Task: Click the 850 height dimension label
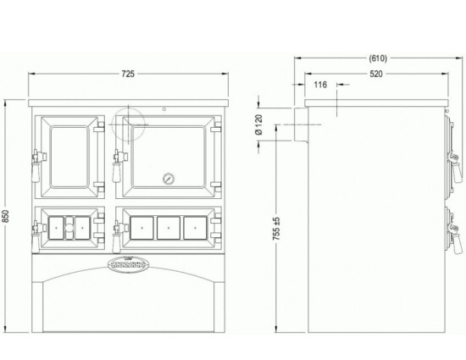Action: [9, 216]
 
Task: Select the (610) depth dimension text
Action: [378, 58]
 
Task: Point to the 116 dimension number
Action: [320, 86]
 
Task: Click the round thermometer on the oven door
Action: [167, 180]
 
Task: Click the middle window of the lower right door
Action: [168, 226]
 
